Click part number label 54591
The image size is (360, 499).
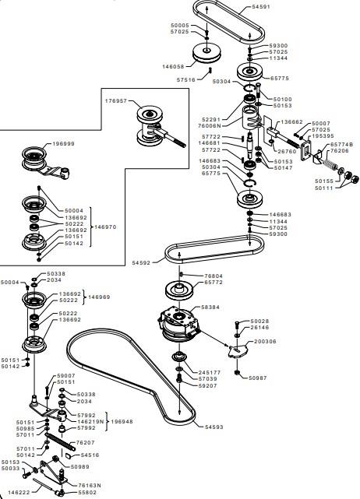[x=261, y=7]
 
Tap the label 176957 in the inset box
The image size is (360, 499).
[x=116, y=101]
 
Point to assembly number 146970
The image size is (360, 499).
[x=105, y=227]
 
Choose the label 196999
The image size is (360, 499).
[x=63, y=144]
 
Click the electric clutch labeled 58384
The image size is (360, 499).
[x=179, y=324]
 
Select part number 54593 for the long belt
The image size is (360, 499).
[x=214, y=427]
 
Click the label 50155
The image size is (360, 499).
[x=324, y=181]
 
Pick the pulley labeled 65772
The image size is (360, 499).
[x=180, y=290]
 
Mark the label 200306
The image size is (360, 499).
[x=265, y=342]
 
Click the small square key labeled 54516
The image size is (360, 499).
[x=68, y=455]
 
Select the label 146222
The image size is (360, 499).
[x=19, y=492]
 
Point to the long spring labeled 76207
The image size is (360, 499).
[x=60, y=441]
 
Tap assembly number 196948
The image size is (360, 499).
[x=122, y=422]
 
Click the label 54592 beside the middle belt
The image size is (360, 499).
[x=141, y=263]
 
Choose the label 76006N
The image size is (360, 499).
[x=210, y=125]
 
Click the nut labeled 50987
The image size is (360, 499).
[x=237, y=372]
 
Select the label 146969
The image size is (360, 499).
[x=99, y=297]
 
